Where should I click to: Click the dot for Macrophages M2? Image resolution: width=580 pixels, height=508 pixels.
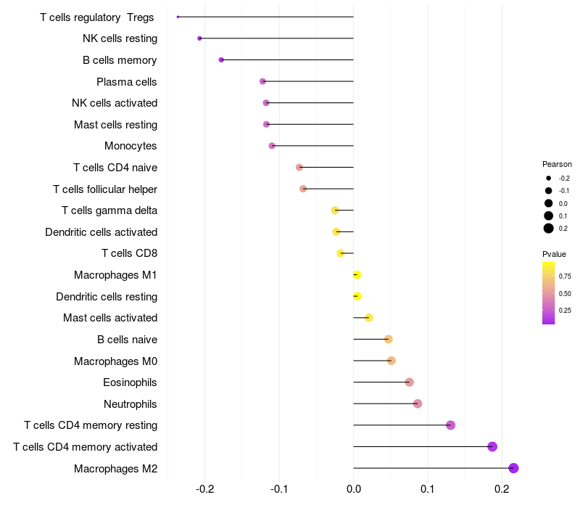click(514, 468)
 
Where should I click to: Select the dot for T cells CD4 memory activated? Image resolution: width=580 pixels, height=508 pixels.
click(492, 446)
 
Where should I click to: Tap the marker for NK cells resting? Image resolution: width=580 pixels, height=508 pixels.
click(199, 38)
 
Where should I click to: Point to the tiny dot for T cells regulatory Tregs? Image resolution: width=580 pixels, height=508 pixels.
click(178, 17)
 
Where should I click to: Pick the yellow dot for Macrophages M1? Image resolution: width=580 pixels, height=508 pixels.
click(357, 274)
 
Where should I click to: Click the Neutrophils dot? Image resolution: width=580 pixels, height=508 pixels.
click(418, 403)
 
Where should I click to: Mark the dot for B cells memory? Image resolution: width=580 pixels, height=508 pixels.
click(221, 60)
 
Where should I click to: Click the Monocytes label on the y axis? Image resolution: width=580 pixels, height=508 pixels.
click(130, 146)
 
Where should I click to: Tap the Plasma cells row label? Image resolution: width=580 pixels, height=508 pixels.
click(127, 81)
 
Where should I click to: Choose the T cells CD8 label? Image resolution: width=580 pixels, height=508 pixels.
click(129, 253)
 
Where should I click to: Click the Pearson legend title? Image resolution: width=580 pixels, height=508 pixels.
click(557, 164)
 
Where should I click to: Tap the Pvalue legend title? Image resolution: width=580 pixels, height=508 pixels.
click(554, 254)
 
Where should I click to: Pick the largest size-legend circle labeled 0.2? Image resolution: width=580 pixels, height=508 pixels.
click(549, 229)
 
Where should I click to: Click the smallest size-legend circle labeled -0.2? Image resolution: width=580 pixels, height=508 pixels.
click(549, 178)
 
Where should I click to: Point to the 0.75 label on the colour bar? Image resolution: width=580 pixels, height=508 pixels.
click(565, 276)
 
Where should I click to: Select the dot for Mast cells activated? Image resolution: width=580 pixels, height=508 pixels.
click(369, 317)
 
